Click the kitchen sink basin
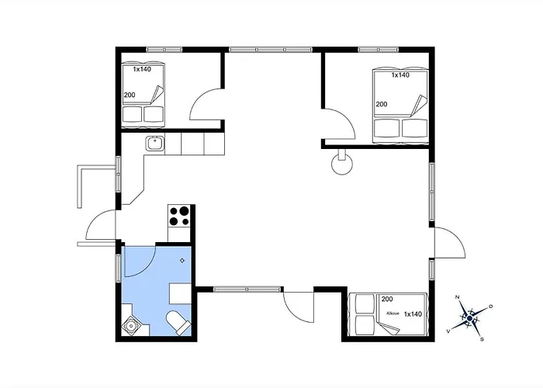[154, 142]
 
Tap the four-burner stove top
[180, 215]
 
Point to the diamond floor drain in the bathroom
[182, 261]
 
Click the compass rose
[469, 317]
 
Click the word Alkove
[393, 314]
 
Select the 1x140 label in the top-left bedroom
[141, 70]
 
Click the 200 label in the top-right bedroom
[382, 104]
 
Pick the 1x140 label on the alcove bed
[413, 314]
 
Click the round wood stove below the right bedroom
[341, 165]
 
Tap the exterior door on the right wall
[450, 242]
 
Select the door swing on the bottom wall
[298, 305]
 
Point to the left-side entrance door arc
[99, 227]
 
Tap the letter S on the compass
[482, 338]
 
